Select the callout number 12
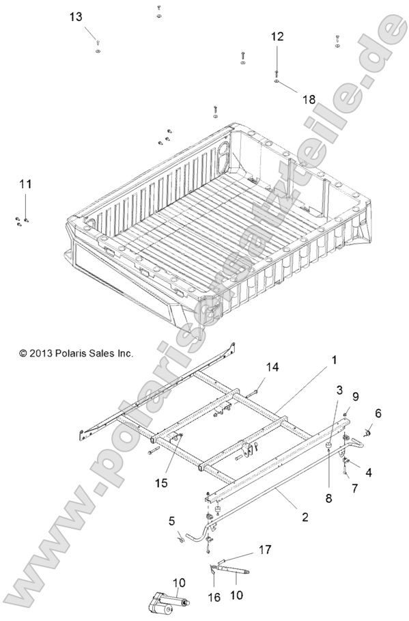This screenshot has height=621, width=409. [x=277, y=37]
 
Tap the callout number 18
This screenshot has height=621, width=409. [x=309, y=99]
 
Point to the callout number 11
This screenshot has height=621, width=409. [x=25, y=184]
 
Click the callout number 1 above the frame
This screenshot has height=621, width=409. [x=335, y=359]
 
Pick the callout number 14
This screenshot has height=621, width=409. [x=272, y=368]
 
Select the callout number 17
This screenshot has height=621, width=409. [x=264, y=549]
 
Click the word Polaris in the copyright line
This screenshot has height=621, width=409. [x=68, y=353]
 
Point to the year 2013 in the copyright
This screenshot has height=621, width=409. [x=40, y=353]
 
